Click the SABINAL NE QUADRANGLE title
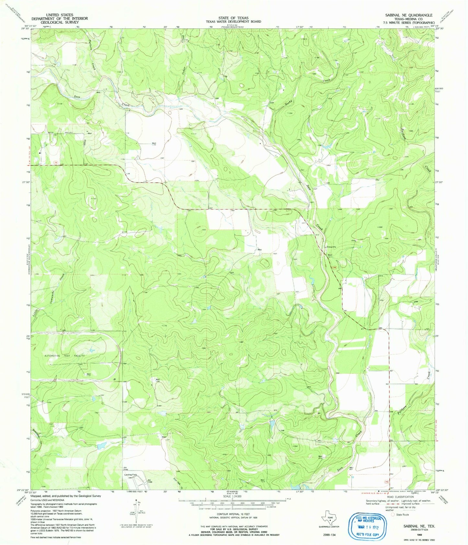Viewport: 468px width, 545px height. (408, 15)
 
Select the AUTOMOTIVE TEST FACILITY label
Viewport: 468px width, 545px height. (64, 356)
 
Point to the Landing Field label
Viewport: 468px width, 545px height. (131, 475)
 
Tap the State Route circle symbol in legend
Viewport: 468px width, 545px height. (393, 514)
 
